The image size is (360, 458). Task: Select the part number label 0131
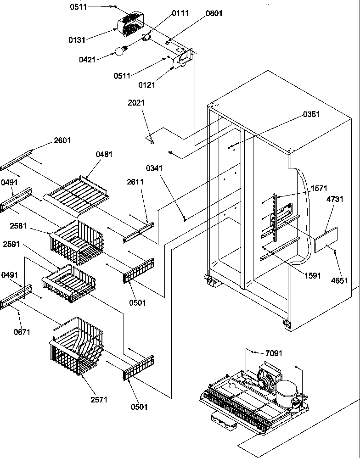77,40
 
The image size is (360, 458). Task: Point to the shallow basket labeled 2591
69,281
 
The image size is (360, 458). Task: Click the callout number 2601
62,140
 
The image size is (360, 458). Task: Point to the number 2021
136,103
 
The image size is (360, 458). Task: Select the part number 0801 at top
214,13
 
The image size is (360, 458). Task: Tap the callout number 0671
22,332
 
